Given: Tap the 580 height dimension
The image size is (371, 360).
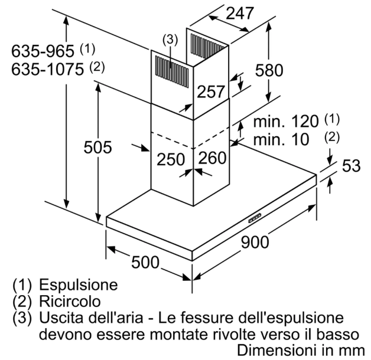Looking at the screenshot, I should coord(269,70).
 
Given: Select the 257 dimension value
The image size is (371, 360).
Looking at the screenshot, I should coord(211,91).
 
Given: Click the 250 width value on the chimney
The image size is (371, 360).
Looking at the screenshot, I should coord(171,159).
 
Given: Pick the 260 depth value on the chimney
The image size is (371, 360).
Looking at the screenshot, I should coord(213,158).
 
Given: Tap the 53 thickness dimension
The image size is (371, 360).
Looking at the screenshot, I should coord(351,166).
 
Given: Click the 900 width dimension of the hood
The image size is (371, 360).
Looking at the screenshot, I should coord(255,242).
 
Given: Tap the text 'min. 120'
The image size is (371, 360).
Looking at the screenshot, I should coord(285,122).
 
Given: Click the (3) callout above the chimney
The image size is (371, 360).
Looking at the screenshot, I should coord(170,40).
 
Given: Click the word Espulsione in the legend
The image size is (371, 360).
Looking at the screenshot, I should coord(79,284).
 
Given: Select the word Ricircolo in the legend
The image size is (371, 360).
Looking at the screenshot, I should coord(70,301).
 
